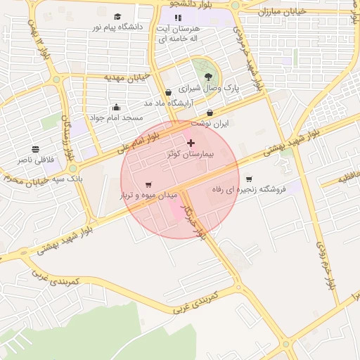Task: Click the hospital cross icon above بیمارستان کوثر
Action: (x=191, y=143)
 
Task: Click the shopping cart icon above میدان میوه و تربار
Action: (x=148, y=184)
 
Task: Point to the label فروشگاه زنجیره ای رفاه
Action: (x=253, y=189)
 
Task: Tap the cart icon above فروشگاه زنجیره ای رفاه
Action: (x=248, y=179)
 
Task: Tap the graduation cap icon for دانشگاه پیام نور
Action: (x=117, y=16)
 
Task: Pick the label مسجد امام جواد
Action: (x=116, y=117)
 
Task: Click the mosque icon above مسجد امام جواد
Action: (x=116, y=107)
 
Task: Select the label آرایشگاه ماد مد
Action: (x=167, y=103)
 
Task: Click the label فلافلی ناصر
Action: (x=35, y=160)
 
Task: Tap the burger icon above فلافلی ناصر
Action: (x=35, y=149)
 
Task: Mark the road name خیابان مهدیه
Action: (x=124, y=76)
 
